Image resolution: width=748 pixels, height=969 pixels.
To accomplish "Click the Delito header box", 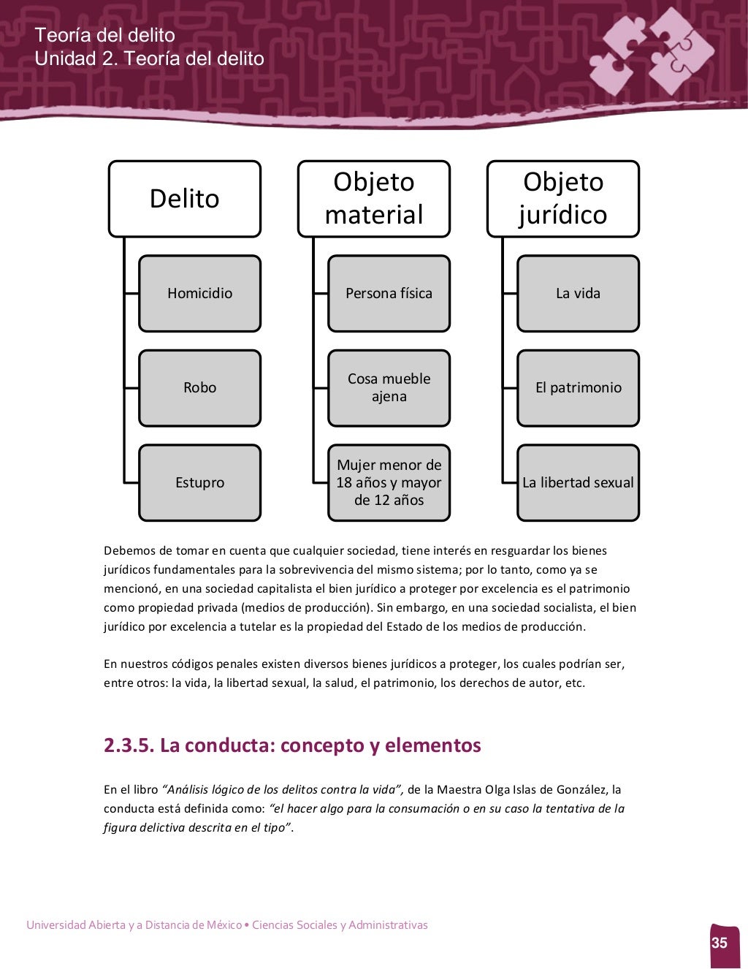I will pos(185,199).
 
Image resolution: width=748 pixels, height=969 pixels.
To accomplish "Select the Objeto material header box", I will pos(374,199).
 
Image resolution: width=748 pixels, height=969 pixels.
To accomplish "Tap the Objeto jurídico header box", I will pos(563,199).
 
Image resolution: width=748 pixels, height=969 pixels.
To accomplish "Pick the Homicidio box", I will pos(199,294).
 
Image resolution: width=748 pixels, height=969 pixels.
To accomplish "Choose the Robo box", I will pos(199,388).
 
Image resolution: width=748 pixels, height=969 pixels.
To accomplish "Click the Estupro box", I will pos(199,483).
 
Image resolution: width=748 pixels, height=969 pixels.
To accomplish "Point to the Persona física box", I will pos(389,294).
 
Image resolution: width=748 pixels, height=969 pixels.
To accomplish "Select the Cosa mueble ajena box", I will pos(389,388).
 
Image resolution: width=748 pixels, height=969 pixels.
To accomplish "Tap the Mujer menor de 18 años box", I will pos(389,483).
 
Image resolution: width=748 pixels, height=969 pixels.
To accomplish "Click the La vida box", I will pos(578,294).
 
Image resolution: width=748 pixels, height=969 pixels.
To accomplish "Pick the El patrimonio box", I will pos(578,388).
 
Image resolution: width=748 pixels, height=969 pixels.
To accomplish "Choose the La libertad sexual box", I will pos(578,483).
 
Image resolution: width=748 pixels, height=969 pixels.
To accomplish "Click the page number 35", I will pos(720,943).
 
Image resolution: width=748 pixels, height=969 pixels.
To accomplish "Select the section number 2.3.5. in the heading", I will pos(129,745).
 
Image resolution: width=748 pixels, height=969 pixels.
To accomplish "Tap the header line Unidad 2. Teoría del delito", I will pos(150,58).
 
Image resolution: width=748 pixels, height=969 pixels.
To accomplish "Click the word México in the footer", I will pos(224,925).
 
